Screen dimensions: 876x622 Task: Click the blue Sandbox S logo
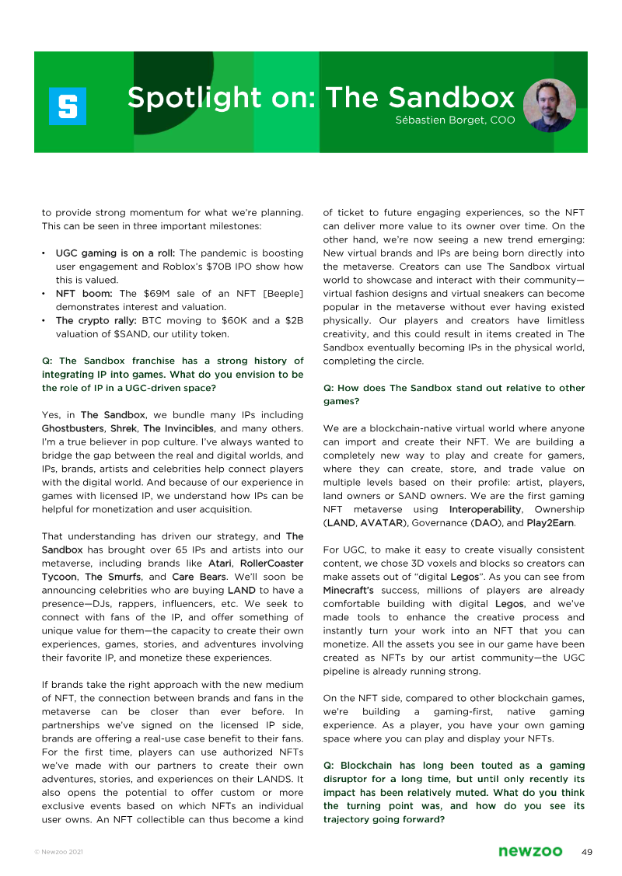68,106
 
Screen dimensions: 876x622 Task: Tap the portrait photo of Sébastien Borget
550,105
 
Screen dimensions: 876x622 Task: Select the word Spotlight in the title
183,98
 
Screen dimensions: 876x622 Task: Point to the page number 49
587,852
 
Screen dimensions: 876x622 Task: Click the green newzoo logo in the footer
530,852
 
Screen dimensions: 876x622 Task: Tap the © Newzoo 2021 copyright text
59,853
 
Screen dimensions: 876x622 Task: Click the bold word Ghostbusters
72,428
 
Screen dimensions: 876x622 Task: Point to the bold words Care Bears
194,577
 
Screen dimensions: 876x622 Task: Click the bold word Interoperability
486,509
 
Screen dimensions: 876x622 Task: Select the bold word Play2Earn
550,523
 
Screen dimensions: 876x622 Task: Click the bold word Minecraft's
348,590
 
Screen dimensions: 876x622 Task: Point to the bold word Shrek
124,428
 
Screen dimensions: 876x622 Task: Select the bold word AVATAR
382,523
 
